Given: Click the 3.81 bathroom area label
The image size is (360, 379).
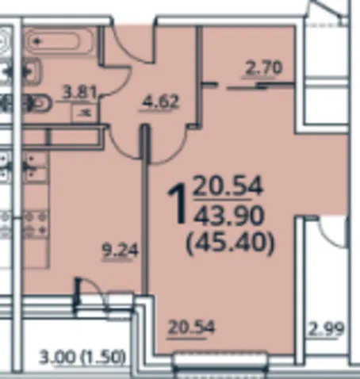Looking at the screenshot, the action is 79,93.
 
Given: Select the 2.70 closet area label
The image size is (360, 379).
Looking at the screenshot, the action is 263,68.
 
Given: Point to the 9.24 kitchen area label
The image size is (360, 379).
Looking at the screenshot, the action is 121,251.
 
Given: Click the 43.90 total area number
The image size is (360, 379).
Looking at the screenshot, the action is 228,215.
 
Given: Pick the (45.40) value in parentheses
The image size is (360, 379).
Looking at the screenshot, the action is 231,243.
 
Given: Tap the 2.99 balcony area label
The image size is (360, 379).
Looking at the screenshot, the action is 327,329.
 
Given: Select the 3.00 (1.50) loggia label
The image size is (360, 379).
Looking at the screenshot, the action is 82,358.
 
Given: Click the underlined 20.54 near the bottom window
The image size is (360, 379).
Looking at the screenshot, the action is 191,327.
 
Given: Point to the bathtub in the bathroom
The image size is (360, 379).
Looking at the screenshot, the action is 59,40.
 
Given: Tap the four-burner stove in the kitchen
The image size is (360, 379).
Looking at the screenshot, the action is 36,224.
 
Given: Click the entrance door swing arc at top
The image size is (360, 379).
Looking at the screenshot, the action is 132,42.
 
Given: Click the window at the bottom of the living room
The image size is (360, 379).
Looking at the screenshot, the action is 220,362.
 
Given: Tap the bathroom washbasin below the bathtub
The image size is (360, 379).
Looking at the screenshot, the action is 33,71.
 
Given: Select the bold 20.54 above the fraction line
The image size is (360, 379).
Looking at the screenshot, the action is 228,186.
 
